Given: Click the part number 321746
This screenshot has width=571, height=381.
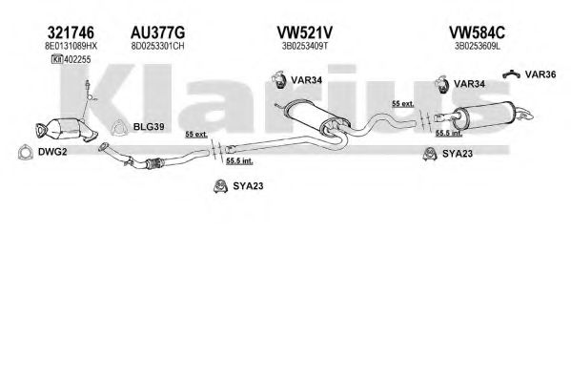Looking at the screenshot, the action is [x=71, y=32].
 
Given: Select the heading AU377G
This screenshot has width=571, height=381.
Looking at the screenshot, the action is [x=157, y=32].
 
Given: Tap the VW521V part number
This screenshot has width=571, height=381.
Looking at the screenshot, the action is [x=305, y=32].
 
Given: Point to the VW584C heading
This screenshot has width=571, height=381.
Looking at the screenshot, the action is [x=477, y=32].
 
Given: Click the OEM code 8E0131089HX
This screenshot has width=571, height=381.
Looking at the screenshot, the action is [x=71, y=47].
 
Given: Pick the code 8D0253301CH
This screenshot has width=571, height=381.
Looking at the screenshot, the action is [x=157, y=47].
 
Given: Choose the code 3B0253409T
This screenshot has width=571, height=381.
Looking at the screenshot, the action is [x=305, y=47].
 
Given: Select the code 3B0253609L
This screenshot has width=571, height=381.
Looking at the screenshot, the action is [x=477, y=47].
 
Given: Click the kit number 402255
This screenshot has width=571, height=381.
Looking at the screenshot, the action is [x=77, y=59].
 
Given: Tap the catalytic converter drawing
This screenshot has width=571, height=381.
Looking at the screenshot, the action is [x=67, y=129].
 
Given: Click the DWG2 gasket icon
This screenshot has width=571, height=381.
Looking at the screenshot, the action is [x=25, y=152].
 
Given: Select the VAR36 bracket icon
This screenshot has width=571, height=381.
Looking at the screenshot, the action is [x=511, y=74].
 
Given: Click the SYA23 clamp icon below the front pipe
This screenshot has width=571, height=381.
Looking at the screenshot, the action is [x=220, y=186].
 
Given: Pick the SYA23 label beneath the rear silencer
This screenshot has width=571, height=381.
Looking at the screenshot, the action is [x=458, y=154].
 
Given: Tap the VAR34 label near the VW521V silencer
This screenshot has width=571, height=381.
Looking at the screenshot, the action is [x=306, y=80].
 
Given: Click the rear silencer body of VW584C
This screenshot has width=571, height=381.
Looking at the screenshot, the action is [x=485, y=114].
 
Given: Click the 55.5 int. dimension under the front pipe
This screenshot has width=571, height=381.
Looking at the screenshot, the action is [x=239, y=161].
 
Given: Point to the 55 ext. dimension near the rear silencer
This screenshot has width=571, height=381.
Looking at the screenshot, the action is [x=403, y=104].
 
